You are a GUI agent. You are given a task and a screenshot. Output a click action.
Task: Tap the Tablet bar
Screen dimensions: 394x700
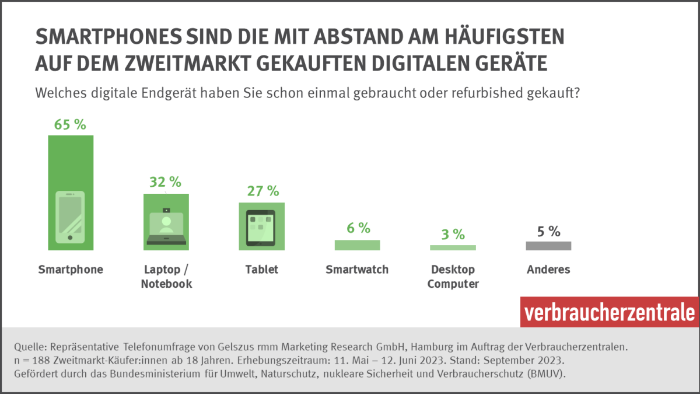point(261,226)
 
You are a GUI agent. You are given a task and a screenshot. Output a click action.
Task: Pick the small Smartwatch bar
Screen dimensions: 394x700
point(357,245)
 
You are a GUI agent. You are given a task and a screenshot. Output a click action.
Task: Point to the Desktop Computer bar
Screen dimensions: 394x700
point(453,247)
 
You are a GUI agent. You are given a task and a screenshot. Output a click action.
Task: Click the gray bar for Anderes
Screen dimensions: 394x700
point(548,246)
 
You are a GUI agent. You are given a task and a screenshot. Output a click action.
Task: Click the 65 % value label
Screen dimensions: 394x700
point(70,124)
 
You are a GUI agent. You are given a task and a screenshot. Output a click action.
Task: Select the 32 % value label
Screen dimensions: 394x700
point(166,182)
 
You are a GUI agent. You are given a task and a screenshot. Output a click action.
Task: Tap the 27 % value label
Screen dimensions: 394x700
point(261,191)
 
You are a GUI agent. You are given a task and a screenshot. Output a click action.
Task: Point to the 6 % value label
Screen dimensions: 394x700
point(358,228)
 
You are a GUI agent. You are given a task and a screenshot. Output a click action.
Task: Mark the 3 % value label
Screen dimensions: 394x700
point(453,235)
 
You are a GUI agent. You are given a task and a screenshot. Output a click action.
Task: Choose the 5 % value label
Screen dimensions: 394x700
point(548,231)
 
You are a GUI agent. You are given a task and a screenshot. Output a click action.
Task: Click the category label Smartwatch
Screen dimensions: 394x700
point(357,270)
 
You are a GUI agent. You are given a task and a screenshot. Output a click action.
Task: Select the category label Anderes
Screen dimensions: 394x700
point(548,270)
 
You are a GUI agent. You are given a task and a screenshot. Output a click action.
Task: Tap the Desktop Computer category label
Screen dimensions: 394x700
point(453,277)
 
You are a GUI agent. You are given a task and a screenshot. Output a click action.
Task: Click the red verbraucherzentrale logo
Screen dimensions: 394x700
point(609,312)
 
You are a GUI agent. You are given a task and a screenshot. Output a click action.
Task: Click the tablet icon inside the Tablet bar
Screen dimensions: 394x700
point(261,228)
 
